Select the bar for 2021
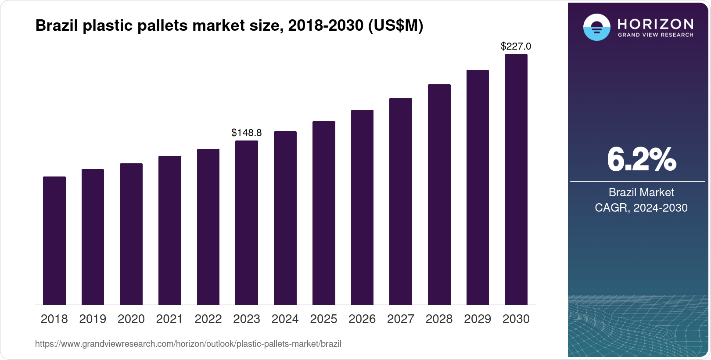[x=170, y=230]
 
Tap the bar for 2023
[x=247, y=223]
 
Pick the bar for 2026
[x=362, y=207]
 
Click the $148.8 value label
[x=247, y=133]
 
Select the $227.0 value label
[x=516, y=46]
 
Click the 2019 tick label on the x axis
[x=93, y=319]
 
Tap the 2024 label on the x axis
[x=285, y=319]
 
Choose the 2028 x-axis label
[x=439, y=319]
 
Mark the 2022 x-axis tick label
[x=208, y=319]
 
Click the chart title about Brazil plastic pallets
[x=229, y=25]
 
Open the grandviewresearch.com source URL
[x=188, y=344]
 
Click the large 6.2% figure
[x=641, y=159]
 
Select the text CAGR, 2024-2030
[x=641, y=208]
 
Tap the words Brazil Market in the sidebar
[x=641, y=192]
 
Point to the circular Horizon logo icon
[x=596, y=27]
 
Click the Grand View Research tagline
[x=655, y=35]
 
